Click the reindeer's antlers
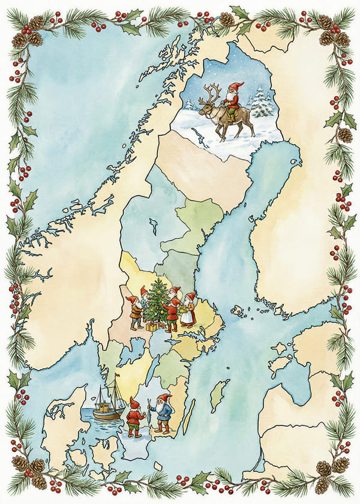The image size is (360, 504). [x=211, y=92]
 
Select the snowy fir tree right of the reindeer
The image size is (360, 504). [x=261, y=102]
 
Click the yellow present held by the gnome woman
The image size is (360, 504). [x=181, y=310]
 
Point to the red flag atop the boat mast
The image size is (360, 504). [x=117, y=376]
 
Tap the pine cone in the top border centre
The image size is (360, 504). [x=227, y=19]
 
